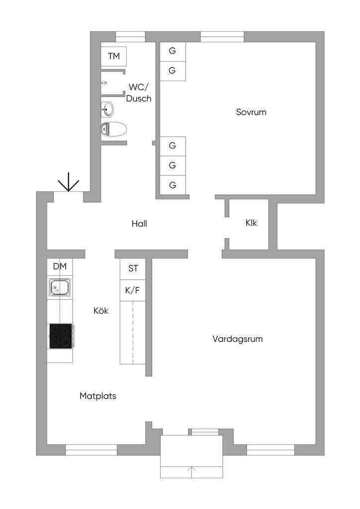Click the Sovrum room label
[x=251, y=112]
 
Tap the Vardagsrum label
[x=237, y=339]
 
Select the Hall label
[x=139, y=223]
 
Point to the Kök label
[x=100, y=311]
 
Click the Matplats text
[x=98, y=396]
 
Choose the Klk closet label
[x=251, y=223]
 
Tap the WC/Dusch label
[x=139, y=92]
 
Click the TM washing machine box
[x=113, y=57]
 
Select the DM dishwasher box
[x=60, y=267]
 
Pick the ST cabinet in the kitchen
[x=133, y=269]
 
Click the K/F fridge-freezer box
[x=133, y=290]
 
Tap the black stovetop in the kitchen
[x=61, y=336]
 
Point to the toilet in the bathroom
[x=113, y=129]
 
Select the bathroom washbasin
[x=107, y=109]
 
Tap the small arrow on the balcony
[x=191, y=472]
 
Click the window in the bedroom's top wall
[x=222, y=37]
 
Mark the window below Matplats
[x=91, y=450]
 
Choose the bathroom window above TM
[x=130, y=37]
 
